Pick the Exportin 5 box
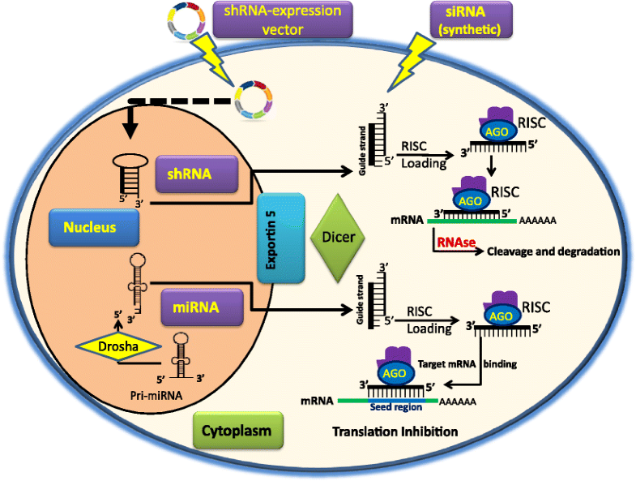[280, 238]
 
